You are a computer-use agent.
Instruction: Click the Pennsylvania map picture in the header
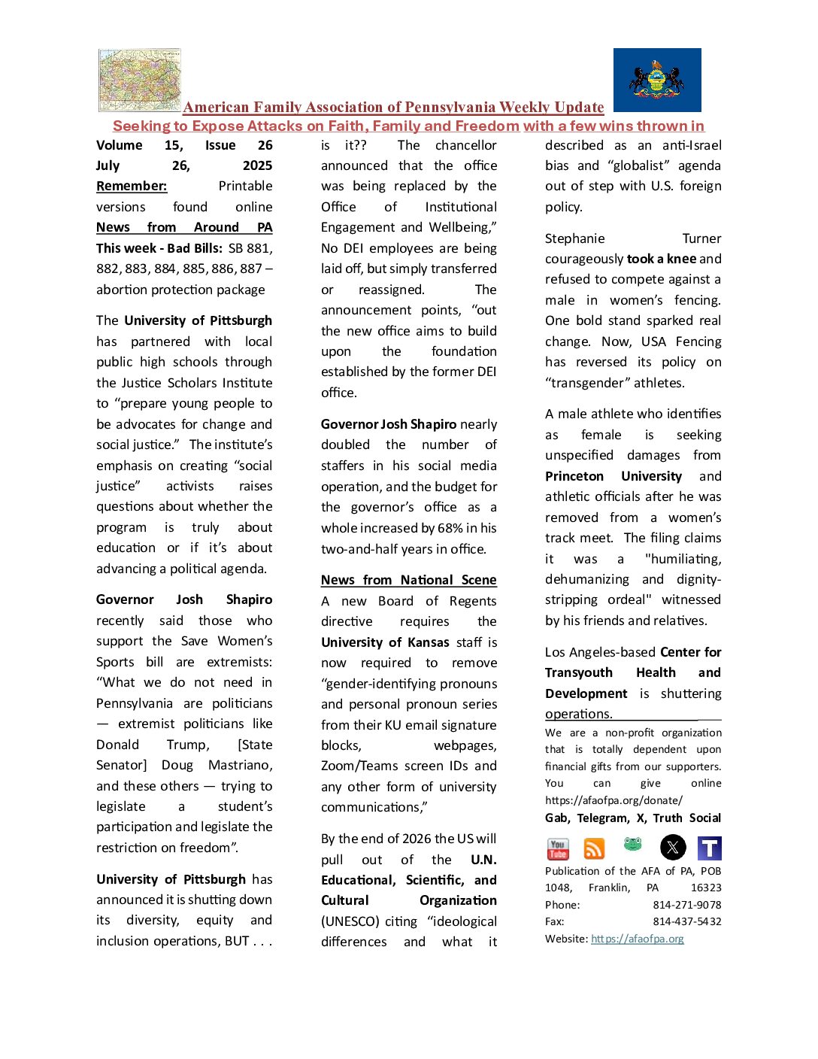click(140, 80)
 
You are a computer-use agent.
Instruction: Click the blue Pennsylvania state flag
click(657, 80)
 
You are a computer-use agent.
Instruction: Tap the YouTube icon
click(558, 848)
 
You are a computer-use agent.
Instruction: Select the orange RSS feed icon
click(594, 848)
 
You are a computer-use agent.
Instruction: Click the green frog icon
click(633, 845)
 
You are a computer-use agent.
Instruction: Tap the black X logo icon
click(673, 848)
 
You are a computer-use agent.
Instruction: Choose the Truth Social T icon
click(710, 848)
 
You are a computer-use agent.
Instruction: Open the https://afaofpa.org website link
click(638, 939)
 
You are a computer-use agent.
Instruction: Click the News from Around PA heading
click(184, 227)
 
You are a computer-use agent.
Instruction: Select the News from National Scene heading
click(408, 580)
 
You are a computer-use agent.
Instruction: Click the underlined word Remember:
click(132, 186)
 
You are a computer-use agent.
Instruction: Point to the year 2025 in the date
click(257, 165)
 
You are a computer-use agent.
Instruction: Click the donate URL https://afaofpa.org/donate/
click(613, 800)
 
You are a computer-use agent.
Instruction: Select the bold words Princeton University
click(613, 476)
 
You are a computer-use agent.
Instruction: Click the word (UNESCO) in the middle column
click(348, 921)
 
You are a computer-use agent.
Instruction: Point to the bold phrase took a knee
click(661, 259)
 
